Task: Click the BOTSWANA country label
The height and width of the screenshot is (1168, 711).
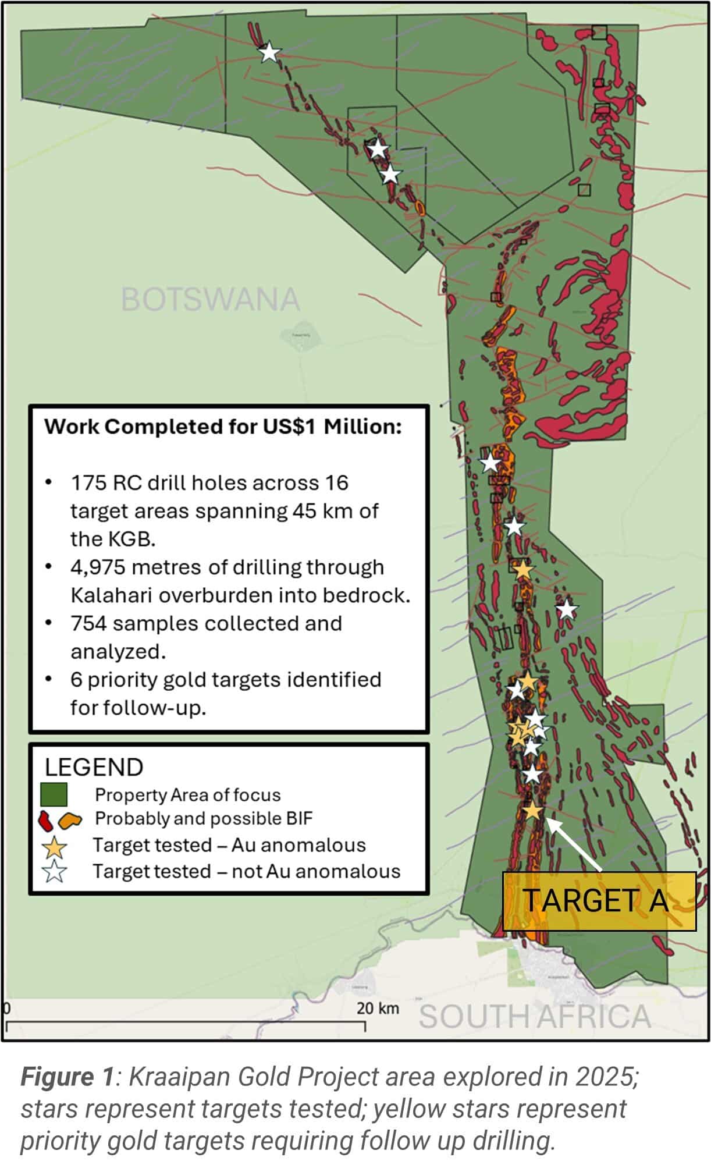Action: pos(210,299)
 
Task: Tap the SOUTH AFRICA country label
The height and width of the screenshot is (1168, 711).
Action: pos(534,1017)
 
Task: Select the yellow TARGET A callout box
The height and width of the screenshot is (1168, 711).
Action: pos(599,901)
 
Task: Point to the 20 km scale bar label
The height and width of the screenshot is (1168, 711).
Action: pos(378,1007)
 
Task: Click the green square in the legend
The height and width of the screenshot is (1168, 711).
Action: pos(54,794)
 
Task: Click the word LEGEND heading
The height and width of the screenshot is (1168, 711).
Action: pos(94,768)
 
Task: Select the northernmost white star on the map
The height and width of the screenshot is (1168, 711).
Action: pos(269,52)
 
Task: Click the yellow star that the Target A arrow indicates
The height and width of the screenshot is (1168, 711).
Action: pos(533,810)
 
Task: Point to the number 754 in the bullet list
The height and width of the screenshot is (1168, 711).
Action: pos(88,623)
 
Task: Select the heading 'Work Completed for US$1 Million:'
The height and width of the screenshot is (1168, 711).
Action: pos(223,427)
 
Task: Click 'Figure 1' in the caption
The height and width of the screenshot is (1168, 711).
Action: pos(67,1077)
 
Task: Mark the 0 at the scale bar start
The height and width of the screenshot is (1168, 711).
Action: pos(6,1008)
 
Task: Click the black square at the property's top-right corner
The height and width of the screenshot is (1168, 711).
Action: pos(599,32)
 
